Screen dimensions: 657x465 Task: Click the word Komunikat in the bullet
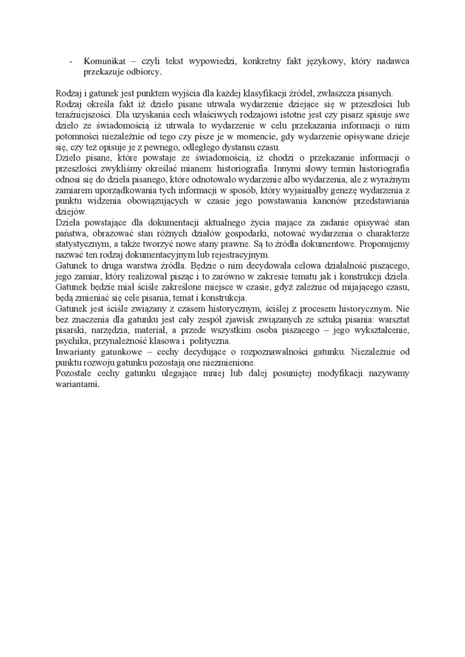[x=105, y=62]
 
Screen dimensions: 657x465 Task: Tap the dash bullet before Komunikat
[x=71, y=62]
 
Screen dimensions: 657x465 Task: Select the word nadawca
[x=392, y=62]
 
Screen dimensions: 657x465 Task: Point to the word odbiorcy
[x=144, y=72]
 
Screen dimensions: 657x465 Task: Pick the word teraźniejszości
[x=83, y=114]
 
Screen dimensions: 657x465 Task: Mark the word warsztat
[x=392, y=318]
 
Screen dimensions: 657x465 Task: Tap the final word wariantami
[x=76, y=384]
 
